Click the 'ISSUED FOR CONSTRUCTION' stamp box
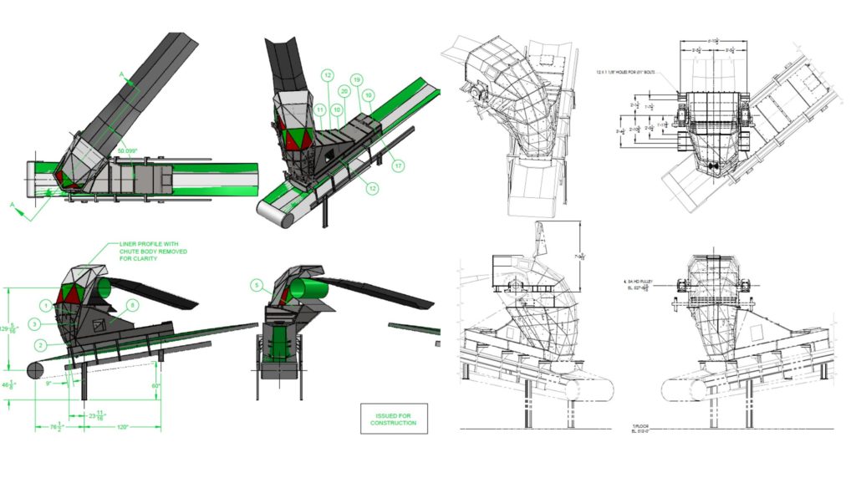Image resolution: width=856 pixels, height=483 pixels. tap(392, 419)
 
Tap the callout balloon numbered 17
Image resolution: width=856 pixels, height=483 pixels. tap(398, 165)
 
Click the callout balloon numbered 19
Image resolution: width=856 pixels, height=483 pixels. tap(357, 80)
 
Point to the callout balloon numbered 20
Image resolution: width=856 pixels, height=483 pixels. tap(344, 90)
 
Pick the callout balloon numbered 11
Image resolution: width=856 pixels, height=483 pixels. tap(318, 109)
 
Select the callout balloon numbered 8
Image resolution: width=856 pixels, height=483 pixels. tap(133, 305)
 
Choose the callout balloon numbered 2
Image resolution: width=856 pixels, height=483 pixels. tap(39, 344)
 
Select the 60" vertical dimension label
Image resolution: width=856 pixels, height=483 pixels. tap(155, 386)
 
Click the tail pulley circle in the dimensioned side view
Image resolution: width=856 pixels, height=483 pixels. tap(38, 369)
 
